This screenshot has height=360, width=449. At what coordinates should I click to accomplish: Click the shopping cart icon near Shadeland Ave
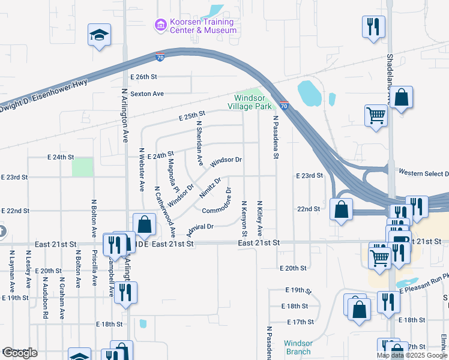[376, 114]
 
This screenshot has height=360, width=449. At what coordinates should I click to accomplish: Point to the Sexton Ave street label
[147, 94]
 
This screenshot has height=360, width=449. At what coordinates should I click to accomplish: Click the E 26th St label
[143, 77]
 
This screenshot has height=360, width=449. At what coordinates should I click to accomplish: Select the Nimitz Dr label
[211, 187]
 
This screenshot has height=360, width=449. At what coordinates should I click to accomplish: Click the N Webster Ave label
[142, 170]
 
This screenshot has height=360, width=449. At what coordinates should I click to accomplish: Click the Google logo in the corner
[19, 353]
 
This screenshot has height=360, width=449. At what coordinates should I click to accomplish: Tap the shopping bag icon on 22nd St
[341, 209]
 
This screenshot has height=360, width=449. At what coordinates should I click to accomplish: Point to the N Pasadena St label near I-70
[276, 137]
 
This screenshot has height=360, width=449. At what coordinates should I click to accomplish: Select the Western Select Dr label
[423, 171]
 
